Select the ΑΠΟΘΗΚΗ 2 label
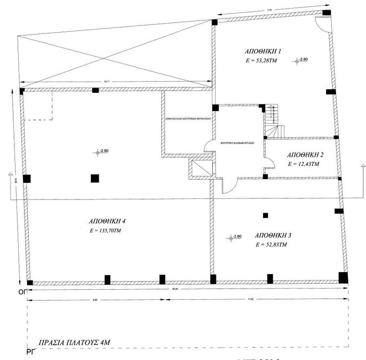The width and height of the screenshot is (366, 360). [x=305, y=155]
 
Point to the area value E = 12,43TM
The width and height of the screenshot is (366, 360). [x=303, y=164]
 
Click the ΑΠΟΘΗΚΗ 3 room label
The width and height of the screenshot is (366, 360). [x=273, y=235]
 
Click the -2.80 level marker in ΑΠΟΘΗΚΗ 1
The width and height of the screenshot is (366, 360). [x=301, y=60]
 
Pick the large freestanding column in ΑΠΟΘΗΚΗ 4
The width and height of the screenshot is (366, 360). [x=95, y=179]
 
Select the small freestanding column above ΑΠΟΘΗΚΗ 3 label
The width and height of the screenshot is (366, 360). [x=265, y=215]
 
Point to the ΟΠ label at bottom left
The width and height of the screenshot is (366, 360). [x=22, y=292]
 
